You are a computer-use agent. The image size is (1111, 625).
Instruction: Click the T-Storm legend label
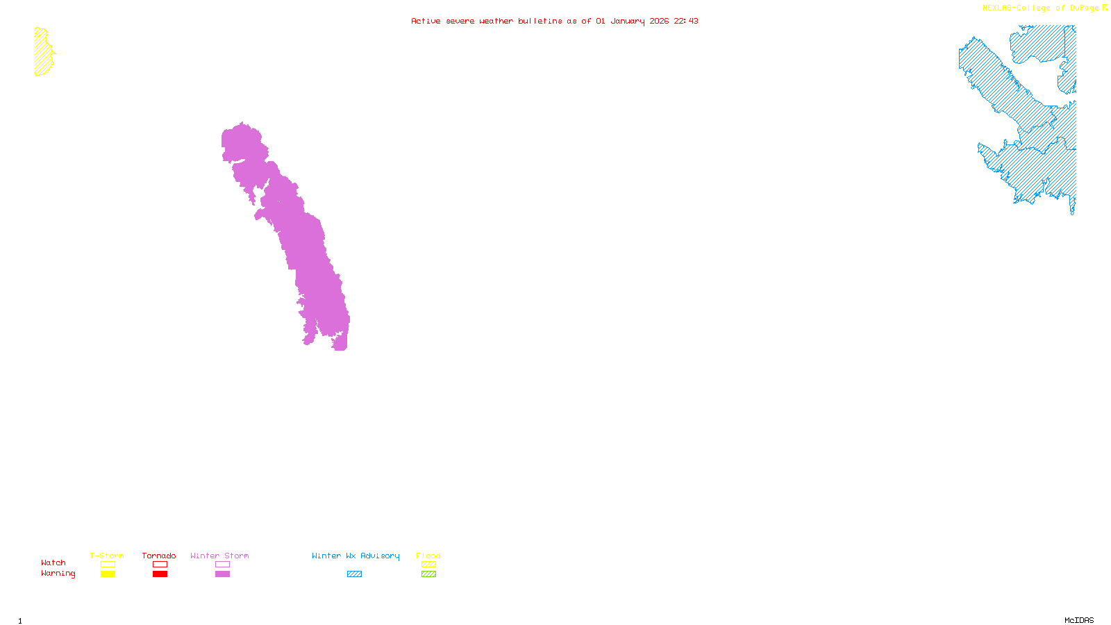[x=107, y=556]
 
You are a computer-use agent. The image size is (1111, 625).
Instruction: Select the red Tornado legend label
[x=159, y=556]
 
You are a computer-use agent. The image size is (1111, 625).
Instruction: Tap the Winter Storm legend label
[x=219, y=556]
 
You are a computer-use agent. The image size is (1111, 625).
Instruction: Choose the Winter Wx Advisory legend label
[x=356, y=556]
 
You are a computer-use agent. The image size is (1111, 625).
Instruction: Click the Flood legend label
[x=428, y=556]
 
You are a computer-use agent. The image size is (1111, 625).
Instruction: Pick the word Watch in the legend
[x=53, y=562]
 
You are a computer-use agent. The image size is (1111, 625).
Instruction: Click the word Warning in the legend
[x=58, y=574]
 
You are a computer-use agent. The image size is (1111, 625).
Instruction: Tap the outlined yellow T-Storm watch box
[x=108, y=565]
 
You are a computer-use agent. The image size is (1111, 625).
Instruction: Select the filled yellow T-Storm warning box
[x=108, y=574]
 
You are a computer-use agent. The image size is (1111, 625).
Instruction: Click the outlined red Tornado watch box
[x=160, y=565]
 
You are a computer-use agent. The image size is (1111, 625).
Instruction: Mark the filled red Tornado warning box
[x=160, y=574]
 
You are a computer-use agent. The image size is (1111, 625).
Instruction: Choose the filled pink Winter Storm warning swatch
[x=222, y=574]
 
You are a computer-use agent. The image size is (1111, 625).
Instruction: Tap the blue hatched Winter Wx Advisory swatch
[x=354, y=574]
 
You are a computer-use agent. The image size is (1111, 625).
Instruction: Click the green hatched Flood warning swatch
[x=428, y=574]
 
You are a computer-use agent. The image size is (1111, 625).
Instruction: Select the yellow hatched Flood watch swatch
[x=428, y=565]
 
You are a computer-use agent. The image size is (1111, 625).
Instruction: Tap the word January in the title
[x=627, y=21]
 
